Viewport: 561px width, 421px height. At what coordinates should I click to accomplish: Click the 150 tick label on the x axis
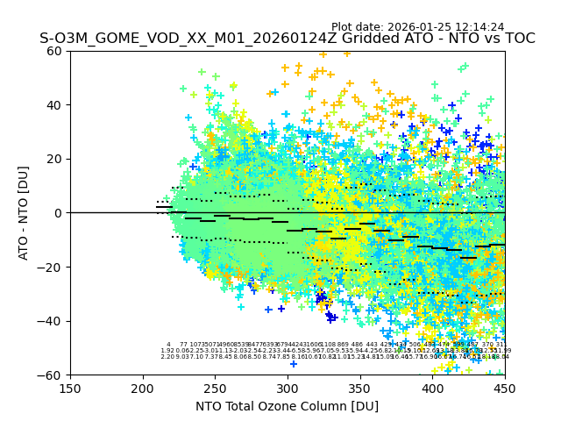pos(70,388)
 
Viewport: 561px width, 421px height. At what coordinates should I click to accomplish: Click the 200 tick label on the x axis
pos(143,388)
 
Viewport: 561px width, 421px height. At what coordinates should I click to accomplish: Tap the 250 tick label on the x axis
pos(215,388)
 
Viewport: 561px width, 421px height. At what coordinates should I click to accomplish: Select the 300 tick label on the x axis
pos(288,388)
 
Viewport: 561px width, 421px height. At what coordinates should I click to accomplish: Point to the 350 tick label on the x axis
pos(360,388)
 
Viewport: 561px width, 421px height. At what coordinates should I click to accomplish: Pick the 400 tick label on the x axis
pos(432,388)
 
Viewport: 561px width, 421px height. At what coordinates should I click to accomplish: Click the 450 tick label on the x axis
pos(505,388)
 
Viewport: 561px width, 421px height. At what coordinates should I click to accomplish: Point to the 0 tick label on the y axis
pos(60,213)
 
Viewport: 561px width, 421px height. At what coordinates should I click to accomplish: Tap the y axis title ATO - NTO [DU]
pos(25,213)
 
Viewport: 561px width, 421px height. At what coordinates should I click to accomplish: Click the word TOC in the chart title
pos(518,39)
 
